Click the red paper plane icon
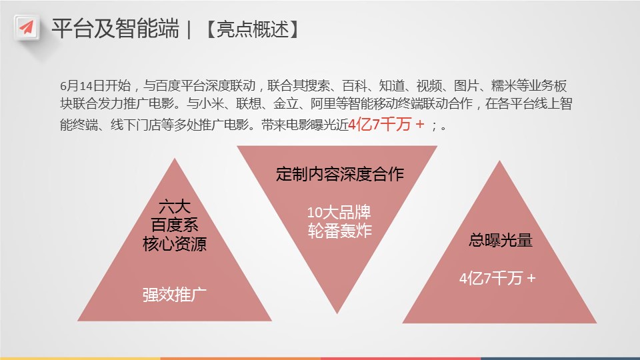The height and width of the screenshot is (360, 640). click(27, 28)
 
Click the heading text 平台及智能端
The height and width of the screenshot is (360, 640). click(115, 29)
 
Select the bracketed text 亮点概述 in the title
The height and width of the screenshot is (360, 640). click(253, 29)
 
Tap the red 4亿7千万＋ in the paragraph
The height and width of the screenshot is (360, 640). click(387, 124)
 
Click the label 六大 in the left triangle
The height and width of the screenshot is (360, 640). click(175, 207)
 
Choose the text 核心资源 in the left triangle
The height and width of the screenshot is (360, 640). click(175, 244)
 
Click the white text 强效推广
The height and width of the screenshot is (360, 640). click(175, 295)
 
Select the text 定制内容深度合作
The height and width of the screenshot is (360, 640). click(339, 174)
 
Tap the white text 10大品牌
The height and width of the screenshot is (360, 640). click(339, 212)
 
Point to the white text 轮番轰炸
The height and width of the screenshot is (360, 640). click(339, 231)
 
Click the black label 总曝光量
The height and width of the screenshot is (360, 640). click(501, 240)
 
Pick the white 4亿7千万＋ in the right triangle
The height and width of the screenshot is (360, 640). click(497, 279)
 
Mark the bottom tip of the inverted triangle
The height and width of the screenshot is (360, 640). click(337, 313)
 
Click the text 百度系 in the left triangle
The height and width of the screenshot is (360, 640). click(175, 225)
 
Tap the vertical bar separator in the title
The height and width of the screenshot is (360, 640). click(189, 29)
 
